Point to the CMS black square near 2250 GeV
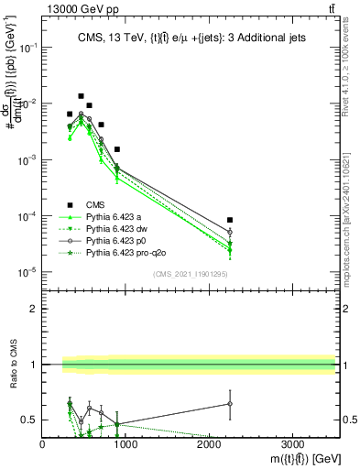[230, 220]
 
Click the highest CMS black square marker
[81, 96]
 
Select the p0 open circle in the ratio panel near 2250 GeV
[230, 403]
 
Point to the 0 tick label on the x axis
[42, 444]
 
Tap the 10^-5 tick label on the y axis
[27, 272]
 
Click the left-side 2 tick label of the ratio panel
[34, 309]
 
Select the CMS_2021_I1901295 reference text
[189, 274]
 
